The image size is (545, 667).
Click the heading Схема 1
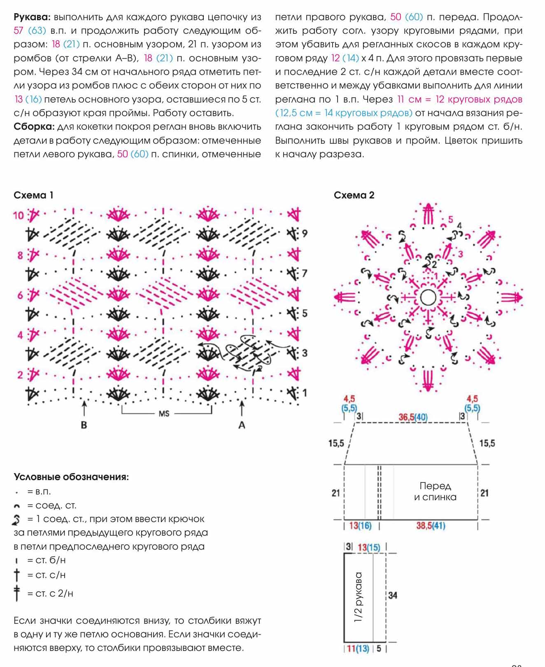click(33, 195)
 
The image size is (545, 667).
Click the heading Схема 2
click(354, 195)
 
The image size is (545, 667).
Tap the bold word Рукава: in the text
click(32, 17)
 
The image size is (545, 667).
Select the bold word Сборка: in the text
click(34, 127)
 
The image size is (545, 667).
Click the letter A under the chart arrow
click(242, 425)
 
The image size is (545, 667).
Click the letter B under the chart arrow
click(84, 425)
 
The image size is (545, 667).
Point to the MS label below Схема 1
click(164, 413)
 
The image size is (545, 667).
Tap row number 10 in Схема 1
click(19, 215)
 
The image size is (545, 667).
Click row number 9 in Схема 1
click(305, 233)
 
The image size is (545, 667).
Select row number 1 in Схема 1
click(305, 393)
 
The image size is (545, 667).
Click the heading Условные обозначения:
click(71, 477)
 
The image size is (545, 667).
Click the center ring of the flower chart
click(428, 297)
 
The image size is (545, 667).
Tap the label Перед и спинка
click(435, 491)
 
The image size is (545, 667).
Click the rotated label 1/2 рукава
click(358, 597)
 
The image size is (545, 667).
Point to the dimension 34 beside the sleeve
click(393, 595)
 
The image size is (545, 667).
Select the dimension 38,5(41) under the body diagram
click(431, 525)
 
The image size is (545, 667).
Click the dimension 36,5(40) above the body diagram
click(413, 417)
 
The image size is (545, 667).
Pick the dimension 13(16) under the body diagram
click(360, 525)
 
